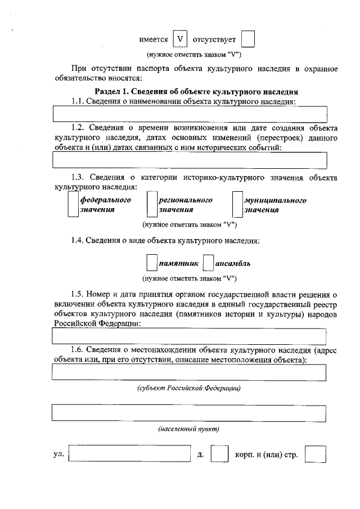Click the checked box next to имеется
(179, 39)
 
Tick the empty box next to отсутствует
(247, 39)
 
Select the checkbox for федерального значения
(72, 205)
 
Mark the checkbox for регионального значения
(151, 205)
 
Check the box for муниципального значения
(237, 205)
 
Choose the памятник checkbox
(151, 263)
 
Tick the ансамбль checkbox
(208, 263)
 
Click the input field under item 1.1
(190, 114)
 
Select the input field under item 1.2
(190, 160)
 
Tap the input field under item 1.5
(190, 336)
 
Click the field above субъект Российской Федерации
(190, 372)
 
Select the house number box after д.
(219, 454)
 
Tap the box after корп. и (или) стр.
(315, 454)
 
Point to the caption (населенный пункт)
(188, 429)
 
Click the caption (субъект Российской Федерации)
(188, 389)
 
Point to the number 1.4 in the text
(78, 241)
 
